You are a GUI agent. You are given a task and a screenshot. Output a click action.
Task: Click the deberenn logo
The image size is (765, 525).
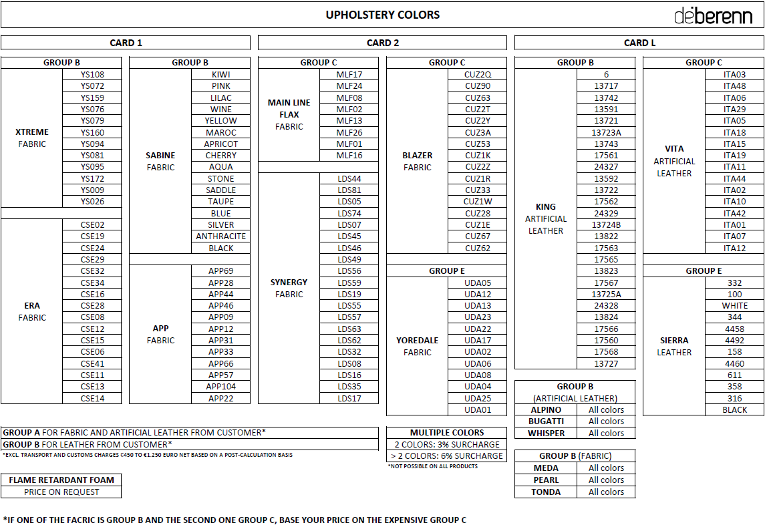(x=713, y=15)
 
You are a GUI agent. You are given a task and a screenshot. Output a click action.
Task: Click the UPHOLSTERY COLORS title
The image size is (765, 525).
(x=382, y=15)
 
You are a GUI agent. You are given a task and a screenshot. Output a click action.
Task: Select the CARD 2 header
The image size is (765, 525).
(x=382, y=43)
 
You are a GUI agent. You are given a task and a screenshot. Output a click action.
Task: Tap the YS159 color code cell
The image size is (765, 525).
(x=92, y=98)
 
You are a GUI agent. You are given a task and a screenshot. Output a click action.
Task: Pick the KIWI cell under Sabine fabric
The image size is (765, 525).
(x=220, y=75)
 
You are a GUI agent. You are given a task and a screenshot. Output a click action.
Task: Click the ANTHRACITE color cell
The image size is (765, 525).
(x=220, y=236)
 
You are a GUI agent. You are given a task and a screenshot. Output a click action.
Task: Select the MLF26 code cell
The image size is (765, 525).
(x=349, y=132)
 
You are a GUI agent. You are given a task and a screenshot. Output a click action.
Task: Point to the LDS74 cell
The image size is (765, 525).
(x=349, y=213)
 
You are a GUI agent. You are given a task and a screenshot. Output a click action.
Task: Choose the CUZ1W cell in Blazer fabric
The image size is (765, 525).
(x=478, y=202)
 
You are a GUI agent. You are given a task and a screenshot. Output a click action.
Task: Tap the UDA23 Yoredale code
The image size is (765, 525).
(x=478, y=317)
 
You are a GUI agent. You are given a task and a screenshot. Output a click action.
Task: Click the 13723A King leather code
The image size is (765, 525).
(x=606, y=132)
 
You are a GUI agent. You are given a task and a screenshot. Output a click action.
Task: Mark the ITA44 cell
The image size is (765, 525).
(x=734, y=179)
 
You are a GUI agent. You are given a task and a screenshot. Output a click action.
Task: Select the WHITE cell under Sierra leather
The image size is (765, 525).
(x=734, y=306)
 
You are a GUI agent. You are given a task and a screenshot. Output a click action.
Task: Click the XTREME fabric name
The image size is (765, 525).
(x=31, y=132)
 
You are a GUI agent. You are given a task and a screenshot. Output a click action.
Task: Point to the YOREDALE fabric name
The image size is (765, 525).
(x=417, y=341)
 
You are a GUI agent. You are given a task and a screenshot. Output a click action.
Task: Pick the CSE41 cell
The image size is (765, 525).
(x=92, y=364)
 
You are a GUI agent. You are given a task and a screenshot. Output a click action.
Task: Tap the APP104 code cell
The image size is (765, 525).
(x=220, y=387)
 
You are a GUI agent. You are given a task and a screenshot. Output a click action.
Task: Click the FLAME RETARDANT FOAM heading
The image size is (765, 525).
(x=61, y=480)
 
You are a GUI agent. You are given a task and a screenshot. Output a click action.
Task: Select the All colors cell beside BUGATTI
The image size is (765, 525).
(x=606, y=421)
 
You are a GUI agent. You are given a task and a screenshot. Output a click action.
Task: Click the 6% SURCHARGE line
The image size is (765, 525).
(x=447, y=456)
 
